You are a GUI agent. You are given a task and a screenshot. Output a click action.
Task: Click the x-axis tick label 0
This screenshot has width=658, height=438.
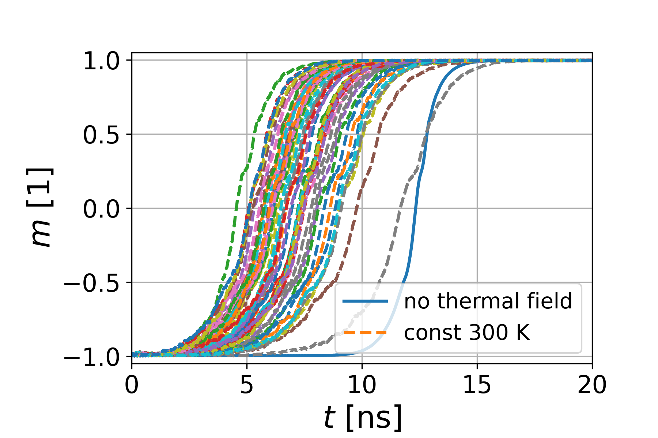132,385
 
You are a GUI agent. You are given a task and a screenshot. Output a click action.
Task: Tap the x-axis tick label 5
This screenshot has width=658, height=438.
247,385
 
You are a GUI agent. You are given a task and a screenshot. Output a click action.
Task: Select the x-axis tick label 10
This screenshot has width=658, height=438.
362,385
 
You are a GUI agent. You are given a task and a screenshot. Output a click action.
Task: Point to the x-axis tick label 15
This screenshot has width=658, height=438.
477,385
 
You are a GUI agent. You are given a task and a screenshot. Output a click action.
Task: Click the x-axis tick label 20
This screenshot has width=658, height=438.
592,385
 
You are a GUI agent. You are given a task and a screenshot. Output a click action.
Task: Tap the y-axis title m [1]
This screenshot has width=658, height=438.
41,208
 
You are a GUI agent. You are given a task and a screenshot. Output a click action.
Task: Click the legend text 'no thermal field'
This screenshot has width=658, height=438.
488,301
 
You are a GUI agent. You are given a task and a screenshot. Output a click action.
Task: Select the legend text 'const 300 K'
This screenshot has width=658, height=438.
467,333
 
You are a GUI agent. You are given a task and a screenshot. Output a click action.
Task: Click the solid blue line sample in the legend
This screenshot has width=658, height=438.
365,301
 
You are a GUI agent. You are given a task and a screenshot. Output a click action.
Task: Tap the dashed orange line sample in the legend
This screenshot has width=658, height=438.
365,333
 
